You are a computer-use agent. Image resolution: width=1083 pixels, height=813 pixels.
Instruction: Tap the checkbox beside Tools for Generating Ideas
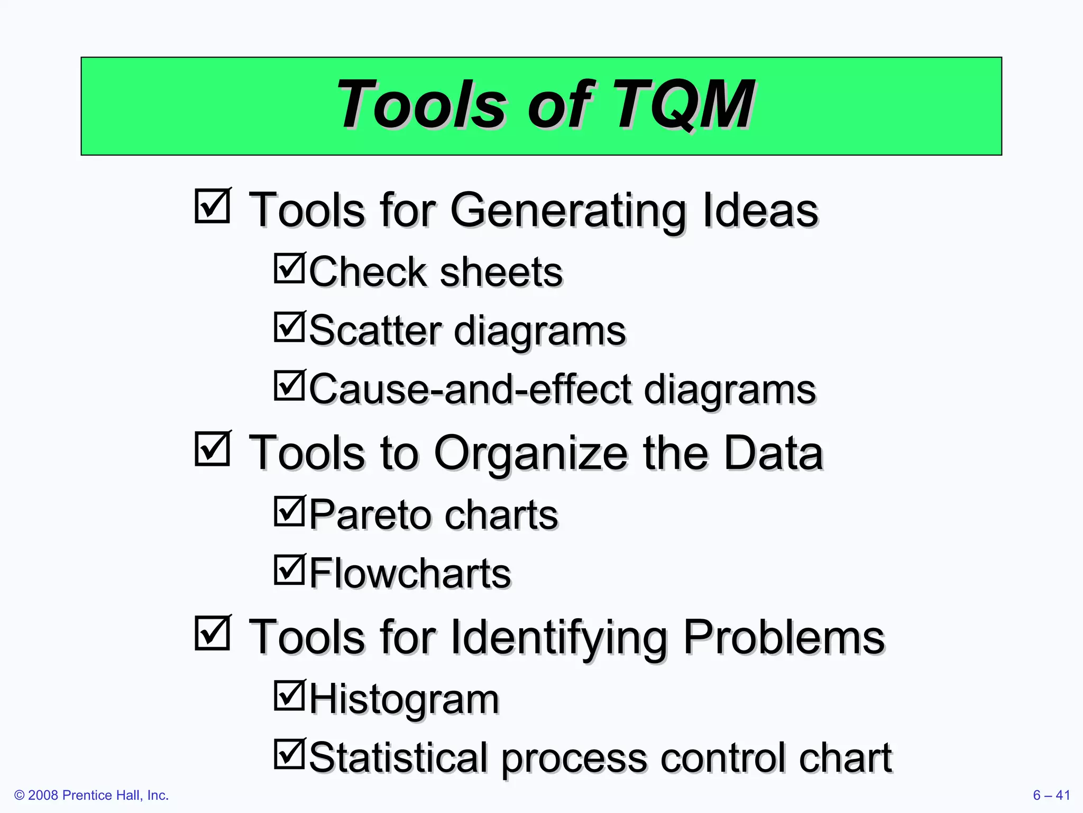tap(212, 206)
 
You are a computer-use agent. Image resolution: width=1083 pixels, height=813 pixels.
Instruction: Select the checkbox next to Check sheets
tap(289, 268)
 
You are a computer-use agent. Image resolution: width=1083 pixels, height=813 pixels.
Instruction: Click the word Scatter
tap(375, 330)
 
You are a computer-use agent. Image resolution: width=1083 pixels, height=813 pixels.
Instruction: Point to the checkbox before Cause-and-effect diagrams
tap(289, 385)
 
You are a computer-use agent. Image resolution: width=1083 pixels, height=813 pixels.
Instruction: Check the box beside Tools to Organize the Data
tap(212, 449)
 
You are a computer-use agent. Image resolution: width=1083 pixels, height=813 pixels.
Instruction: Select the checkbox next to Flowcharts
tap(289, 570)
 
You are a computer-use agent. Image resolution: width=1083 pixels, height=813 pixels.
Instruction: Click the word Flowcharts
tap(410, 573)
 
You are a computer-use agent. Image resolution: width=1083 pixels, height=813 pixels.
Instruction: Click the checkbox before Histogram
tap(289, 695)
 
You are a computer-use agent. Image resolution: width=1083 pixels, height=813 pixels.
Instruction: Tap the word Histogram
tap(404, 699)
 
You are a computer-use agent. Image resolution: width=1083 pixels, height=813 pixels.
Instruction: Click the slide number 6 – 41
tap(1051, 795)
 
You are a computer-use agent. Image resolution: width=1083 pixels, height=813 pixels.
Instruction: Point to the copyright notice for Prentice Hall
tap(91, 795)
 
